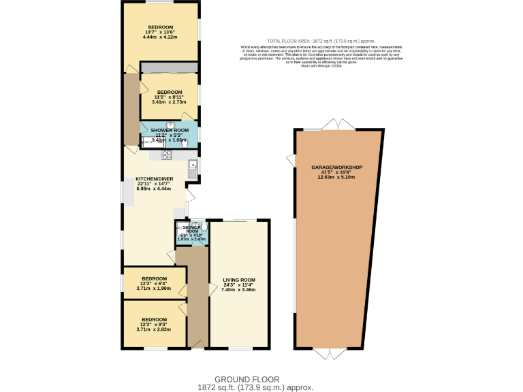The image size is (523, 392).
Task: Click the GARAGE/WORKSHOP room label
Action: [x=336, y=167]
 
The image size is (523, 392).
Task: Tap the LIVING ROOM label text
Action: [x=238, y=280]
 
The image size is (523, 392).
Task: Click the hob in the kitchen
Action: [x=166, y=155]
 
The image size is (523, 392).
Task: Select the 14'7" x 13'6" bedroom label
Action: [x=161, y=31]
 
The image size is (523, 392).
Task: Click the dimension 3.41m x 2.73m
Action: [x=168, y=102]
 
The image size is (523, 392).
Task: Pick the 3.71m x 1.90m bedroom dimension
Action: [x=154, y=288]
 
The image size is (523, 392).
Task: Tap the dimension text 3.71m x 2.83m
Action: [x=154, y=329]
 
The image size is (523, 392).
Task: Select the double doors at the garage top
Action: [x=339, y=125]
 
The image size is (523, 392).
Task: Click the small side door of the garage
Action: [x=291, y=160]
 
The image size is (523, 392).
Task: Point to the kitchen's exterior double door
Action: [x=190, y=197]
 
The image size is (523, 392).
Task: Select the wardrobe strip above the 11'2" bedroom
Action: [x=169, y=67]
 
